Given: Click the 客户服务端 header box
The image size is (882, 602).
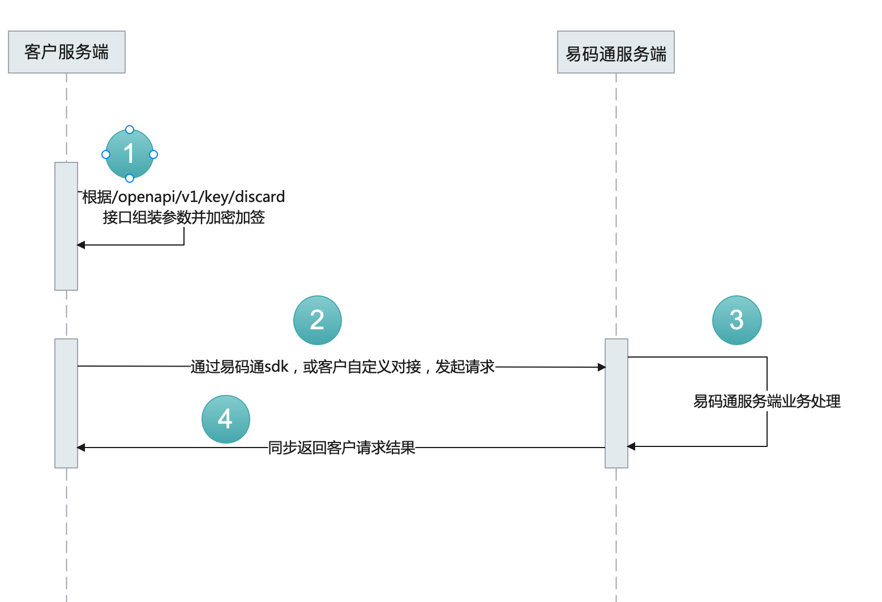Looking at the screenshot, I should tap(67, 52).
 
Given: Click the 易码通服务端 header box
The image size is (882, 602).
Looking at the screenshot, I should tap(616, 53).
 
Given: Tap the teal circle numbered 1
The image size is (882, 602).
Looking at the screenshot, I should tap(130, 154).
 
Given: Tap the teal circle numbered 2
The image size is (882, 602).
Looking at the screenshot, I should tap(318, 320).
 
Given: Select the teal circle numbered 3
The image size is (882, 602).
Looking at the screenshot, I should tap(737, 320).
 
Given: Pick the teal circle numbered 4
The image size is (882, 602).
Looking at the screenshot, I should tap(226, 419).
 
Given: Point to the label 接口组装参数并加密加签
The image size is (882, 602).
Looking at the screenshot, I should tap(184, 217).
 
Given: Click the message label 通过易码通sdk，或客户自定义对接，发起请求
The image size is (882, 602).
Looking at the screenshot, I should tap(342, 367).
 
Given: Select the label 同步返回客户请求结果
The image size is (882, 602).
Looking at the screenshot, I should tap(341, 448).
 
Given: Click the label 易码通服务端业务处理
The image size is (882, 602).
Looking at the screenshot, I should tap(767, 401).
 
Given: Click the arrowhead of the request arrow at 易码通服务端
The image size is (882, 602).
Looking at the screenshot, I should tap(602, 367).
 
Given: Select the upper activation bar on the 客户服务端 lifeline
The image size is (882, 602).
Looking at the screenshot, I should tap(66, 226).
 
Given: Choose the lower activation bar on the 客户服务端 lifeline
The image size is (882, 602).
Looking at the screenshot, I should tap(66, 403).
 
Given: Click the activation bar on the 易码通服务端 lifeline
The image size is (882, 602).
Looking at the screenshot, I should tap(616, 403).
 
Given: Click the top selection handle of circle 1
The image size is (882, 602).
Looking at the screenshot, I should tap(130, 130).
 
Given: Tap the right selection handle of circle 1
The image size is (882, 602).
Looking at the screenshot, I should tap(153, 154).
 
